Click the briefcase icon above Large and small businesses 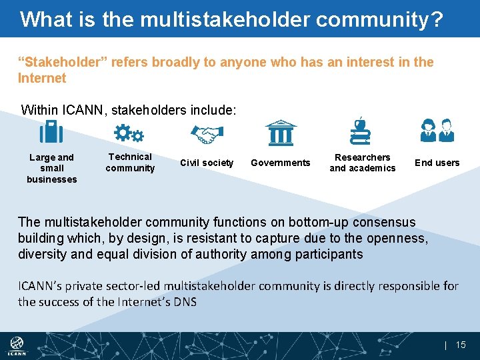[51, 132]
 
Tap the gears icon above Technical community [129, 133]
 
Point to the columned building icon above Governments [281, 133]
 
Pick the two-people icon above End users [437, 131]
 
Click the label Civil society [207, 163]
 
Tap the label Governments [281, 163]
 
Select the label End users [437, 163]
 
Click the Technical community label [130, 163]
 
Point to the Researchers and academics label [363, 163]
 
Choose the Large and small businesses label [52, 168]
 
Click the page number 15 [461, 345]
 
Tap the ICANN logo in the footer [17, 345]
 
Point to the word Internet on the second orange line [42, 78]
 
